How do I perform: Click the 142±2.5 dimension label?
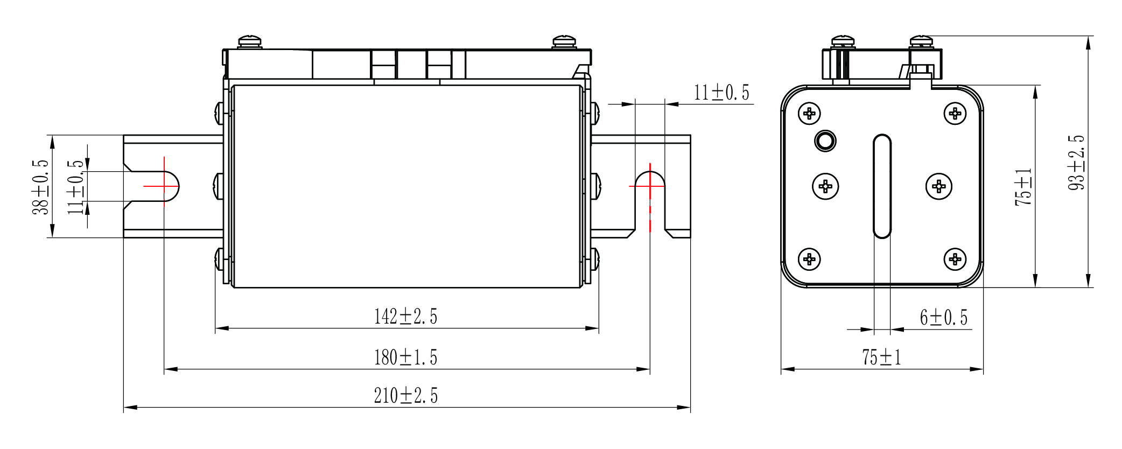point(405,317)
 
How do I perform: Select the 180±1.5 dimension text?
point(405,357)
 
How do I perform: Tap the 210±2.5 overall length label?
point(405,396)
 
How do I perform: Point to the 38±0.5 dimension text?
point(40,187)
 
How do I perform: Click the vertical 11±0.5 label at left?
point(76,187)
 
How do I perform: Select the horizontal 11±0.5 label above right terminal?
point(721,93)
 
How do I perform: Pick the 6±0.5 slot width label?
point(943,318)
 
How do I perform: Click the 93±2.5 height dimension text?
point(1076,162)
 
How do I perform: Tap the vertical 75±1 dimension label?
point(1023,187)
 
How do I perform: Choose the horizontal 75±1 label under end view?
point(881,357)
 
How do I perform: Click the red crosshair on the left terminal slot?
point(164,186)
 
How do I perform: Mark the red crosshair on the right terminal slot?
point(650,186)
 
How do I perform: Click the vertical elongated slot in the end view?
point(882,186)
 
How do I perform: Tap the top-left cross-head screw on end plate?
point(809,114)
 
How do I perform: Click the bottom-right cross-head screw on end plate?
point(955,259)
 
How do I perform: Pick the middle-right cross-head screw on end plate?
point(939,187)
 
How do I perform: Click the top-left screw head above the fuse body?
point(250,41)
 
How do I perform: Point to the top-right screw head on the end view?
point(922,41)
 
